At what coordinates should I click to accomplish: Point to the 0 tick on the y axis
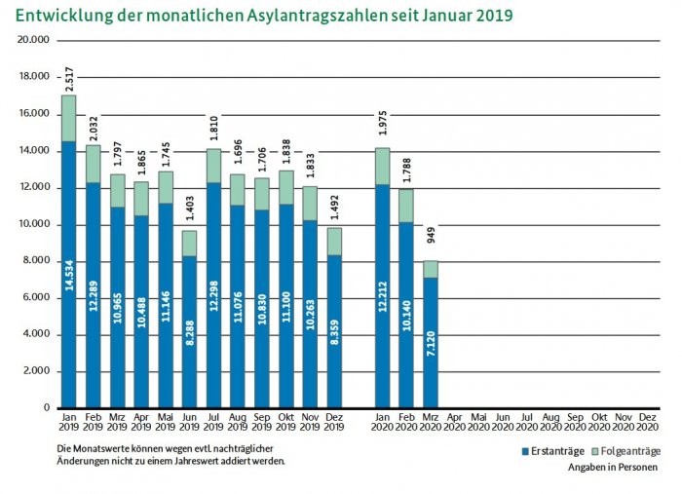[x=45, y=407]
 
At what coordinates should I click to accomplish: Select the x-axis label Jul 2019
[x=213, y=422]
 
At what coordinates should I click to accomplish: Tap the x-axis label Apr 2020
[x=455, y=422]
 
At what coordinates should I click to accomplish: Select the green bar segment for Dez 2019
[x=334, y=242]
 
